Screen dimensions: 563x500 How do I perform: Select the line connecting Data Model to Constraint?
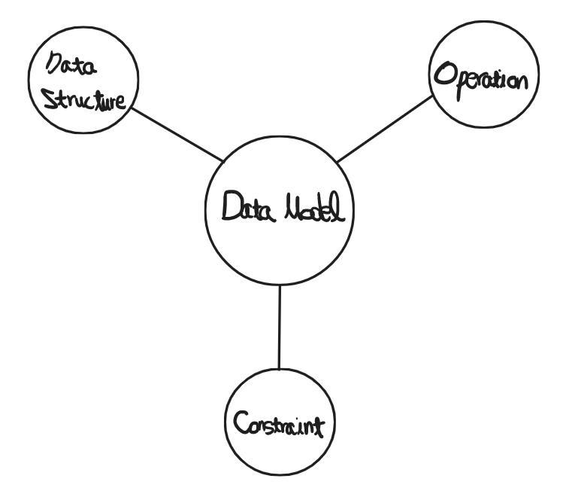click(x=280, y=328)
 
